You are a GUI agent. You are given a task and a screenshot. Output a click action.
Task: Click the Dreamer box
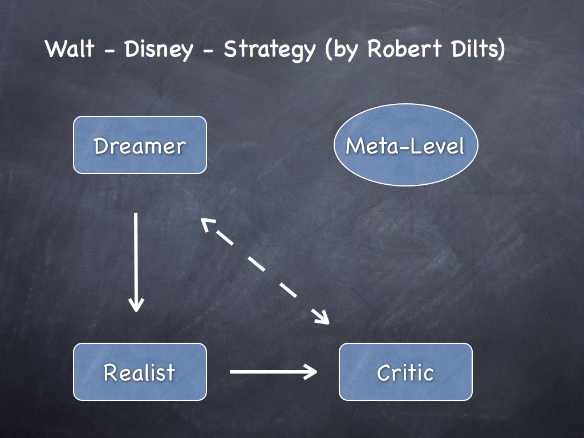coord(140,145)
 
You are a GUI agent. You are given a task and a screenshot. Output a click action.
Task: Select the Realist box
coord(140,372)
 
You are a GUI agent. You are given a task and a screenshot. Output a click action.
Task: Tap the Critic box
coord(405,372)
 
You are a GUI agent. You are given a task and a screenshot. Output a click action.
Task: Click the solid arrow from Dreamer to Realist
coord(136,257)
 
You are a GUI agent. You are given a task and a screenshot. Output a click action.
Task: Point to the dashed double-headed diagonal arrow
coord(265,271)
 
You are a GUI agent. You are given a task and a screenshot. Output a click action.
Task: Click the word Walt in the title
coord(70,49)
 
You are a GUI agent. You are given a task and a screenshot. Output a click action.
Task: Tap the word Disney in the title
coord(158,50)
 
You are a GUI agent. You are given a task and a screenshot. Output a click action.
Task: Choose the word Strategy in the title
coord(269,50)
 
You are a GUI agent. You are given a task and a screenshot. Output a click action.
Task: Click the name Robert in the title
coord(403,49)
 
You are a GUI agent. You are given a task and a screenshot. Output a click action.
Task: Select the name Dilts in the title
coord(474,49)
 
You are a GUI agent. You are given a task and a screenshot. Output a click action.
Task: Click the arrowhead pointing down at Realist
coord(136,305)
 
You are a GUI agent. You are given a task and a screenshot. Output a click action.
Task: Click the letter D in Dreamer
coord(102,145)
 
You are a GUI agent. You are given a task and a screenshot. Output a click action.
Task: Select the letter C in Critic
coord(384,372)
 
